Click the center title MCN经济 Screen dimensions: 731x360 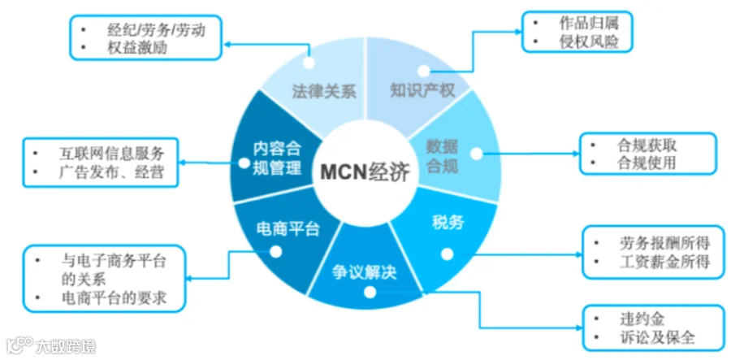tap(365, 173)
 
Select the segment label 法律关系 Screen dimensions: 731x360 tap(324, 91)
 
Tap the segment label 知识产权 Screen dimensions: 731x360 tap(422, 90)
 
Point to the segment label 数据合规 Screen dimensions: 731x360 tap(443, 156)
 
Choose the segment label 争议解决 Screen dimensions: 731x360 tap(365, 272)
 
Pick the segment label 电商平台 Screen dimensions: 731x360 tap(288, 229)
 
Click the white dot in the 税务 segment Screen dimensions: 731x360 tap(447, 254)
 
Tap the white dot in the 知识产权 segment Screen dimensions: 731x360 tap(423, 71)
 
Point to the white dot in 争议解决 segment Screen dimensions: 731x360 tap(370, 293)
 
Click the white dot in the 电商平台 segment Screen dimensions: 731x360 tap(276, 252)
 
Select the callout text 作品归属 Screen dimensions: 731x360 tap(589, 23)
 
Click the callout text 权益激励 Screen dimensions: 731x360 tap(137, 48)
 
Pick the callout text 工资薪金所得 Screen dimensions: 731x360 tap(664, 261)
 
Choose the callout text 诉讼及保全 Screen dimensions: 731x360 tap(657, 337)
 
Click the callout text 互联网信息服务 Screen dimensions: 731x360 tap(111, 154)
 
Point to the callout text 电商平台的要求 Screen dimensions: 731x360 tap(114, 297)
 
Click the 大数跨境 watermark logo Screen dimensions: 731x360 tap(51, 345)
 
